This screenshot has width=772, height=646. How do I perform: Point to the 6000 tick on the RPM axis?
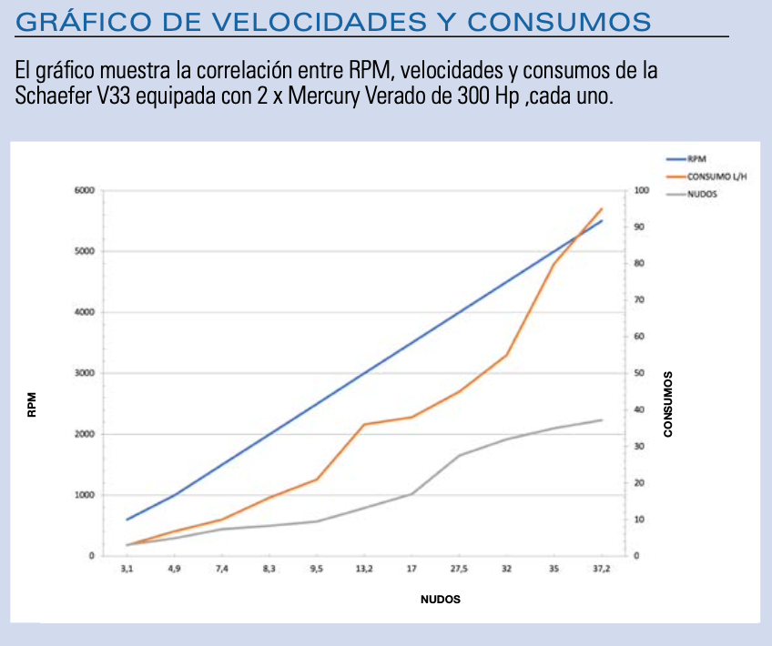(84, 190)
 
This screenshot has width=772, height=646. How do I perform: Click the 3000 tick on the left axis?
(84, 373)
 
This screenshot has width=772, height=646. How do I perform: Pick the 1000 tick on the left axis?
(84, 495)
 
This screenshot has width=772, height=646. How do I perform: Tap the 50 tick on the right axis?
(639, 373)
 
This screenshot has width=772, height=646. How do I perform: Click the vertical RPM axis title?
(32, 404)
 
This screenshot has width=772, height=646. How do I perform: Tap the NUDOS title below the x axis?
(440, 600)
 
